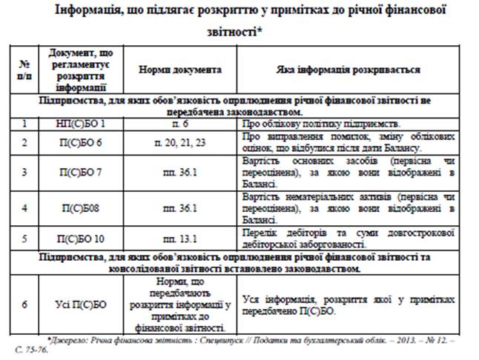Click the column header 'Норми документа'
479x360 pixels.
click(x=180, y=70)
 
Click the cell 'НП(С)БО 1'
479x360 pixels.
click(x=81, y=124)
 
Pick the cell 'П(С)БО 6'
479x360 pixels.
click(x=81, y=141)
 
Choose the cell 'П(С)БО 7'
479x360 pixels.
click(x=81, y=172)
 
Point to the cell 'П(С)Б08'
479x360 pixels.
click(x=81, y=208)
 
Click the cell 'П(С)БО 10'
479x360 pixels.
click(x=81, y=239)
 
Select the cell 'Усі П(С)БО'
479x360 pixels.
click(x=81, y=303)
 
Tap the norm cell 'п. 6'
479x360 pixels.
click(x=181, y=124)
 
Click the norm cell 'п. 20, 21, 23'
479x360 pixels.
click(x=181, y=141)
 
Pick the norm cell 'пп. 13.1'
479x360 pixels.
click(x=181, y=239)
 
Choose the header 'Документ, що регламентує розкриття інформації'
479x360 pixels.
click(x=81, y=70)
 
